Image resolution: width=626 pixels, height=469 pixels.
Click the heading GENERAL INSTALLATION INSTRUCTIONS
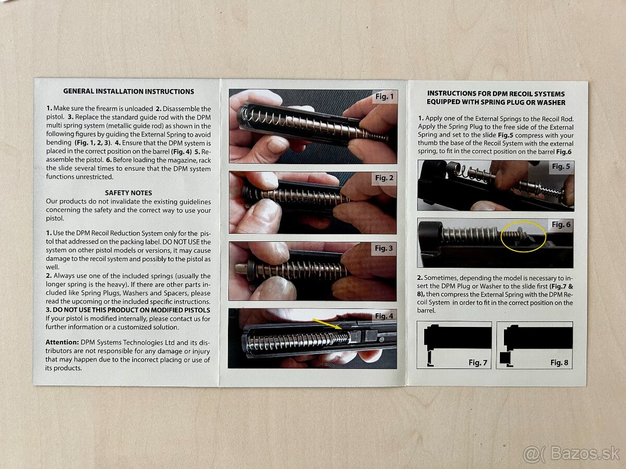(x=129, y=91)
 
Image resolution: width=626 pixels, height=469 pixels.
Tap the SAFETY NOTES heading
(x=128, y=193)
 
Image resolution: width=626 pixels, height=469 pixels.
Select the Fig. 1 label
(x=384, y=96)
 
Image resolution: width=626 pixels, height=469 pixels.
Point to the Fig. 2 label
(x=384, y=178)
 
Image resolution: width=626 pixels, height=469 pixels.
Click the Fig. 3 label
(x=383, y=249)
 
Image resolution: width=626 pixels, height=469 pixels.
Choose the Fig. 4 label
(x=384, y=316)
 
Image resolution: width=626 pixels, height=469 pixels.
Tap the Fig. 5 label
(x=561, y=166)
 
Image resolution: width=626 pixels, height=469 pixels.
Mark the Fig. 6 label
(x=561, y=225)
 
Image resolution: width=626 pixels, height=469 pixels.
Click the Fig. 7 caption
(x=478, y=363)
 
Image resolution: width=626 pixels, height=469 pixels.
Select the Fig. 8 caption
(x=559, y=363)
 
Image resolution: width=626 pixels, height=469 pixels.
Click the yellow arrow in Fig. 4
(x=328, y=324)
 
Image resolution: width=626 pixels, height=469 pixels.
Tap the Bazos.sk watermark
(x=571, y=453)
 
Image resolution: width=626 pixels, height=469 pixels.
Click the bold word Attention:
(x=62, y=342)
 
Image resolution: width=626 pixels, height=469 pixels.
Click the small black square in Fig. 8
(x=505, y=358)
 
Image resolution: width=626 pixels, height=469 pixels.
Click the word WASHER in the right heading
(x=549, y=103)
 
